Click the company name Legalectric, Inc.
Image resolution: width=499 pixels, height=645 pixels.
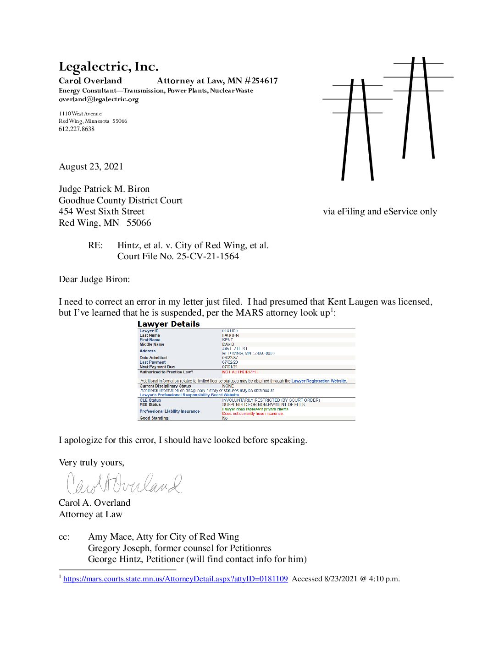(109, 67)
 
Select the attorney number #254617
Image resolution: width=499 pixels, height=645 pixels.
(261, 81)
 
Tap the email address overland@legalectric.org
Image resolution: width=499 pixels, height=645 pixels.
(99, 99)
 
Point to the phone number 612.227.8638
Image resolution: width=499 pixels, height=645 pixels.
(77, 129)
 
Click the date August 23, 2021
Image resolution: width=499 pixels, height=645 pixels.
(91, 167)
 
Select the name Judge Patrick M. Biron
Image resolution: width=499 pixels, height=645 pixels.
(104, 189)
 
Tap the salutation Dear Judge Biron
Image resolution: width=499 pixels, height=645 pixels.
(94, 279)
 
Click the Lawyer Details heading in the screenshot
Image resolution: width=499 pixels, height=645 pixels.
(168, 324)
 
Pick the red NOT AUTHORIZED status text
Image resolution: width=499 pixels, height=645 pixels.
(240, 372)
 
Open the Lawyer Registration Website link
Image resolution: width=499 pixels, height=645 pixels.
(319, 381)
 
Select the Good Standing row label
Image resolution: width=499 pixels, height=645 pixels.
(155, 418)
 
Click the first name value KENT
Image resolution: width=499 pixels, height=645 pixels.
(227, 340)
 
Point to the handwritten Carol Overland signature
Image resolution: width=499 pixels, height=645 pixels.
(124, 483)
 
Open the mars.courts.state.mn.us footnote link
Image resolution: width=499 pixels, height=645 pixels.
(175, 579)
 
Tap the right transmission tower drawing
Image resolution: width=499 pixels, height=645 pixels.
(418, 108)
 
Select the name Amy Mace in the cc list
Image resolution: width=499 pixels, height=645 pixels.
(109, 537)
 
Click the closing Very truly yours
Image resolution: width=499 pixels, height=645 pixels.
(91, 463)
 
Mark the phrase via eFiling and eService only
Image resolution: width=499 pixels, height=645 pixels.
(380, 212)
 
